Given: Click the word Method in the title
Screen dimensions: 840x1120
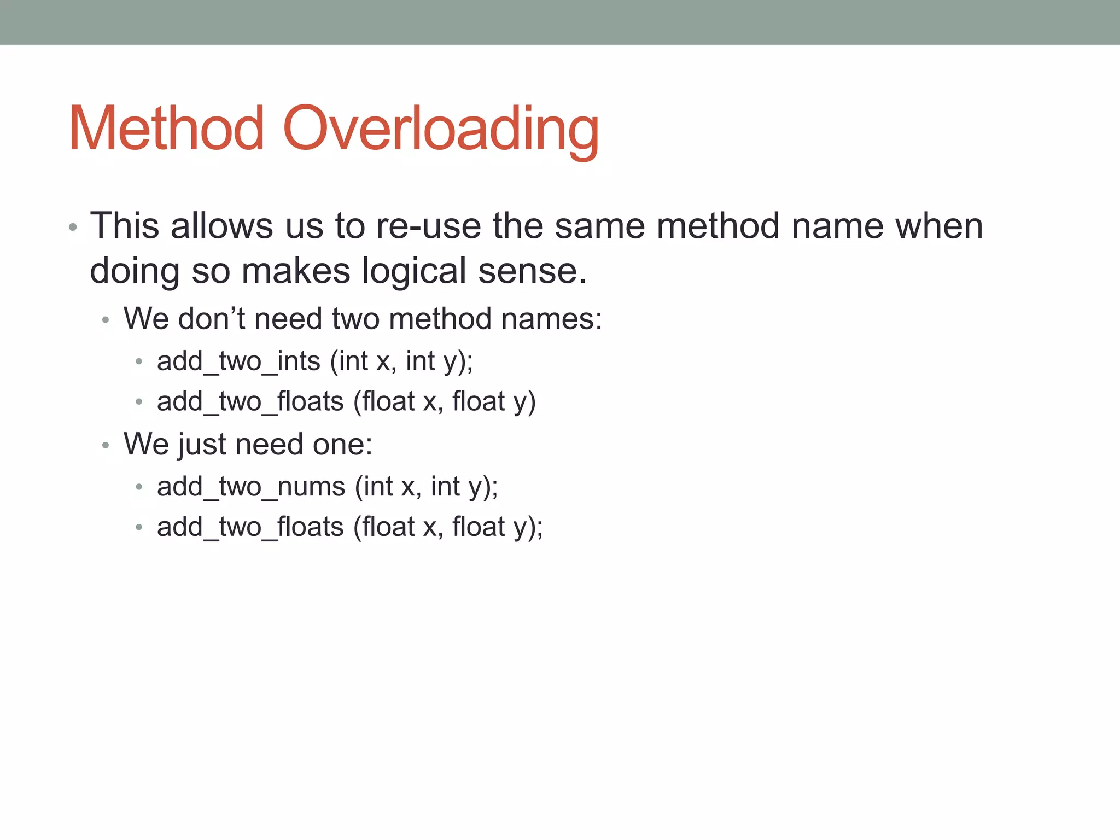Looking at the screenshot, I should coord(166,129).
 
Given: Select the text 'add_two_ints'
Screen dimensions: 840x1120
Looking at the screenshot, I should coord(238,361).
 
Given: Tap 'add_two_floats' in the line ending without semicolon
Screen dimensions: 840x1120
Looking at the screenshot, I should coord(250,402).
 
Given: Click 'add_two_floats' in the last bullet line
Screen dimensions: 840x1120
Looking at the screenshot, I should coord(250,527).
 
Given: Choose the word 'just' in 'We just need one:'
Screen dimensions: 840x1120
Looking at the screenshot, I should coord(202,444).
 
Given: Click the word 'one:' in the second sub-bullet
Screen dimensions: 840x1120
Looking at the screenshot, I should coord(342,444).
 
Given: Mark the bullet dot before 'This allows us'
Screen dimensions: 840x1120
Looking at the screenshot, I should coord(73,227).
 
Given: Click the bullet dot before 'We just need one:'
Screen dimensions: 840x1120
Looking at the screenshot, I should coord(106,446).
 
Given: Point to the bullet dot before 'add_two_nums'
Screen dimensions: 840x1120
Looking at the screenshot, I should coord(139,487).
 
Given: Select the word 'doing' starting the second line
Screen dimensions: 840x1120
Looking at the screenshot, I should coord(135,271).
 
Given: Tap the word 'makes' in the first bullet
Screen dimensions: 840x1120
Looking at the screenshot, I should coord(295,271).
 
